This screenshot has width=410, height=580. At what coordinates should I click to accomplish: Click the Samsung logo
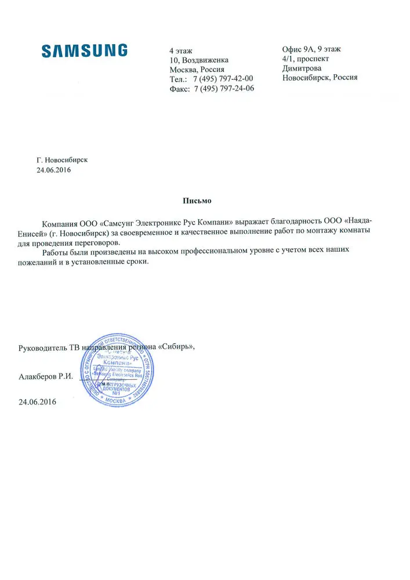(x=85, y=50)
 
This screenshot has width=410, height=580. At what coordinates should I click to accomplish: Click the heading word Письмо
(x=198, y=201)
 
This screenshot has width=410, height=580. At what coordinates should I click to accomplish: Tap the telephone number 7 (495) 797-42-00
(x=224, y=79)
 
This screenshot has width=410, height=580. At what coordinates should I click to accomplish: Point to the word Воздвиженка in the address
(x=205, y=60)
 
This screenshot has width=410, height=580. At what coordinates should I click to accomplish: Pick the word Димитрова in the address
(x=301, y=68)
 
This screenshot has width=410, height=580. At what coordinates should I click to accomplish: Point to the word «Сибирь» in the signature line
(x=176, y=347)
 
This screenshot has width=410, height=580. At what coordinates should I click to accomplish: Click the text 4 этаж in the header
(x=180, y=50)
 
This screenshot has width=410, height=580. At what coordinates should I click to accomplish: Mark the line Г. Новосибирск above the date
(x=62, y=159)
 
